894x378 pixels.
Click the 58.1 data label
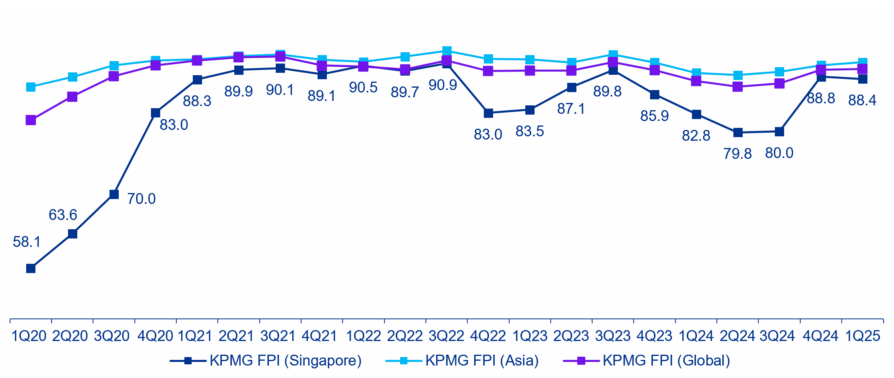[x=27, y=242]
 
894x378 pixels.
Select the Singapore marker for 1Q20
[x=31, y=268]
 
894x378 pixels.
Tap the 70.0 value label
[x=141, y=199]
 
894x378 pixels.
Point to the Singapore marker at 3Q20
[x=114, y=194]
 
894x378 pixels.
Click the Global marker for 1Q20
[x=31, y=120]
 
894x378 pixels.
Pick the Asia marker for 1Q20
[x=31, y=87]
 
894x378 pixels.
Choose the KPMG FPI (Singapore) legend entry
[x=266, y=361]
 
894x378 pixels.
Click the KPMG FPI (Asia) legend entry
[x=462, y=361]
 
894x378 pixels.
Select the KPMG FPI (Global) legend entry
[x=646, y=361]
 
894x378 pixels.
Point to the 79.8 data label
[x=737, y=154]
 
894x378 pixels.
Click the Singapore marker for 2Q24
[x=738, y=133]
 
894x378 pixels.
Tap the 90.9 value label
[x=443, y=85]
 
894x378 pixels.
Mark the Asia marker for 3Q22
[x=446, y=51]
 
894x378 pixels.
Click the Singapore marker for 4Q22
[x=488, y=113]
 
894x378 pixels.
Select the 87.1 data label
[x=571, y=109]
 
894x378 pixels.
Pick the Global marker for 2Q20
[x=72, y=97]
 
